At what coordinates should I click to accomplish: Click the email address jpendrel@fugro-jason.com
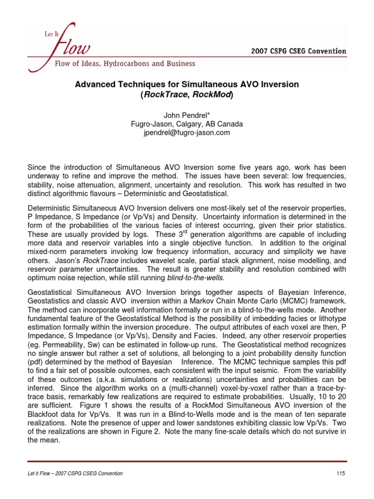tap(187, 133)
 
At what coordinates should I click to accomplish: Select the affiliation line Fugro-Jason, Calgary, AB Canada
tap(187, 124)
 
